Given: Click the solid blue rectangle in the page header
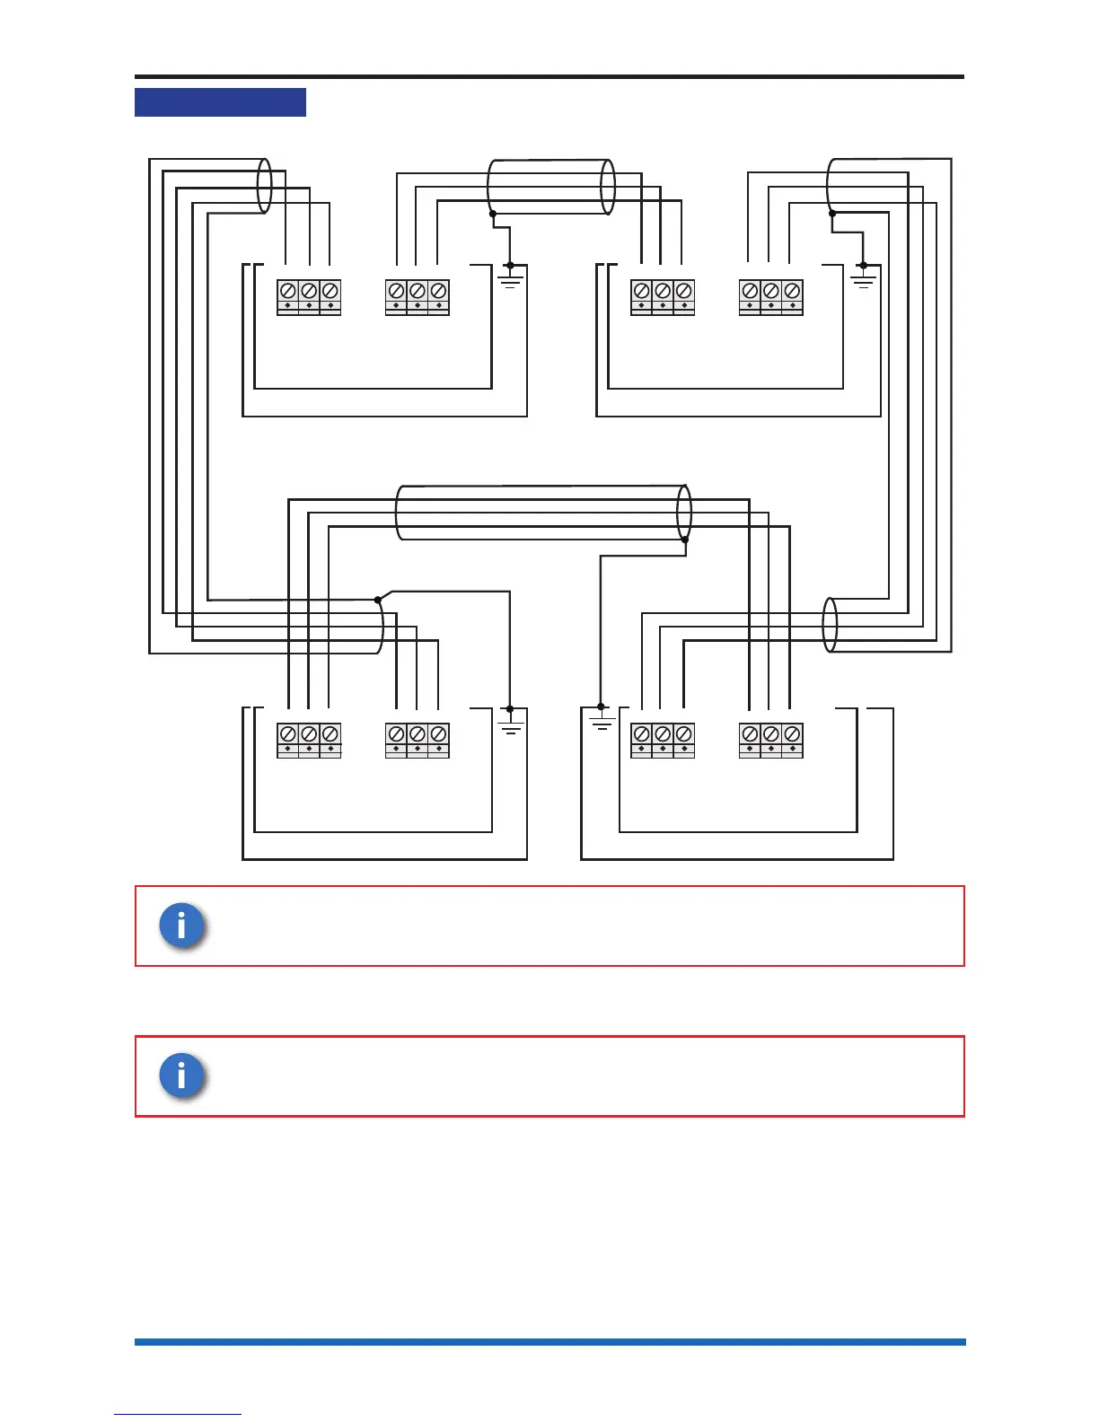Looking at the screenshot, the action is click(220, 102).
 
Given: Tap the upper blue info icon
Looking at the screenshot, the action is click(181, 925).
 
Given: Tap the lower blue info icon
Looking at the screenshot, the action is click(181, 1075).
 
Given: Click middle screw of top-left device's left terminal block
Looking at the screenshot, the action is click(309, 291).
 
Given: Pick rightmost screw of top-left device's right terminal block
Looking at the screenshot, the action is click(438, 291).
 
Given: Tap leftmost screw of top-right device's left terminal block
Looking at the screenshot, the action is click(641, 291).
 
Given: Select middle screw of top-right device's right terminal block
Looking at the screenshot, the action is click(770, 291).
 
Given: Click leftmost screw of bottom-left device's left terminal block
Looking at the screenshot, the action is click(287, 734).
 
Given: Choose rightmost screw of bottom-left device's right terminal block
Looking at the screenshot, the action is click(438, 734).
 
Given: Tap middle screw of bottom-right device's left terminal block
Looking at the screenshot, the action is click(663, 734).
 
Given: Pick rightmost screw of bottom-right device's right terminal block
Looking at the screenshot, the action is click(792, 734).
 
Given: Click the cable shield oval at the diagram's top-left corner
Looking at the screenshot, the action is click(264, 186).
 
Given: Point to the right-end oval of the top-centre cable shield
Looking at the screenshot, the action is click(608, 187).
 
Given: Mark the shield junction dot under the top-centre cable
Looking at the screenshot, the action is click(492, 214).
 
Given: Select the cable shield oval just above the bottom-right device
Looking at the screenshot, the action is click(830, 625).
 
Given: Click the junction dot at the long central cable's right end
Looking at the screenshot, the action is click(685, 540).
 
